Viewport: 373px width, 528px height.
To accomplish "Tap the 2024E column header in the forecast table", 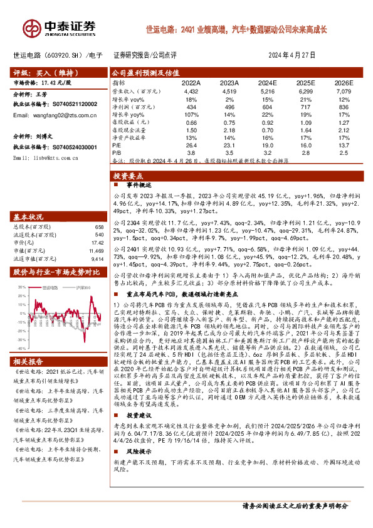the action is pyautogui.click(x=267, y=82).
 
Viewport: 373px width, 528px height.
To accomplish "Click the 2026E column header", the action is pyautogui.click(x=344, y=82).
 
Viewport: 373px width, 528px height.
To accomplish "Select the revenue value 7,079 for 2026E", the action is pyautogui.click(x=344, y=91).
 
